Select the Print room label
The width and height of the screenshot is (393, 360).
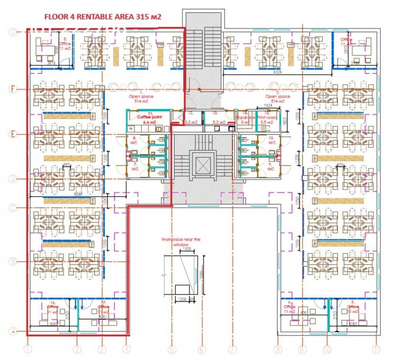[x=266, y=119]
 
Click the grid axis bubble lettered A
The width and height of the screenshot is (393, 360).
[x=13, y=331]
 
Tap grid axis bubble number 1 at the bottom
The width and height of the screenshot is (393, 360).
[x=28, y=349]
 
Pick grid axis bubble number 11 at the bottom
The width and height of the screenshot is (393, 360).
[x=376, y=350]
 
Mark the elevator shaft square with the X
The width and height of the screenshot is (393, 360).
[x=201, y=165]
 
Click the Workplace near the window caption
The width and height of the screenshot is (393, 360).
[x=181, y=242]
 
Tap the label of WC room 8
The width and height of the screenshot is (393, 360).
[x=134, y=140]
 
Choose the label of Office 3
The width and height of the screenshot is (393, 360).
[x=65, y=43]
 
